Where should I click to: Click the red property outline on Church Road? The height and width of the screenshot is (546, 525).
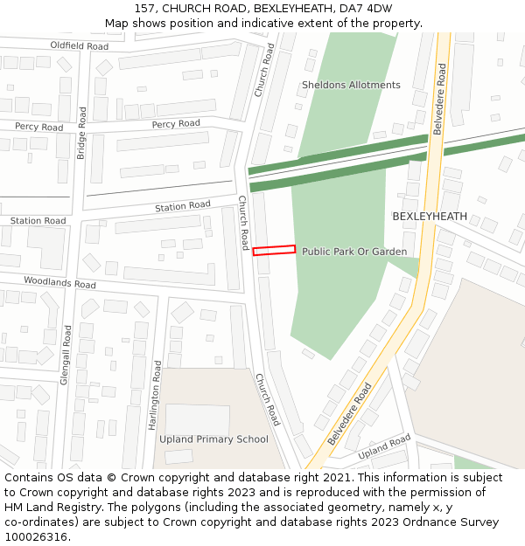pyautogui.click(x=274, y=251)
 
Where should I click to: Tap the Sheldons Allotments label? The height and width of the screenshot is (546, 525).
pyautogui.click(x=351, y=85)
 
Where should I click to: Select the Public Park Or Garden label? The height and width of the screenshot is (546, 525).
pyautogui.click(x=354, y=252)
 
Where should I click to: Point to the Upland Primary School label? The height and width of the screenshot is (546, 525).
pyautogui.click(x=213, y=439)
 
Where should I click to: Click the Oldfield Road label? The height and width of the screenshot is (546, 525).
pyautogui.click(x=79, y=45)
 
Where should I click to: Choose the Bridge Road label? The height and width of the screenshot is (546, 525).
pyautogui.click(x=81, y=133)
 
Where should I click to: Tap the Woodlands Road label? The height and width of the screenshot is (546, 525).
pyautogui.click(x=59, y=283)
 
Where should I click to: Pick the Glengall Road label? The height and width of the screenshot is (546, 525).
pyautogui.click(x=66, y=355)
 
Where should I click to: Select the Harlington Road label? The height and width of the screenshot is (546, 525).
pyautogui.click(x=157, y=395)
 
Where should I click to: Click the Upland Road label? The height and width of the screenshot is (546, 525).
pyautogui.click(x=384, y=447)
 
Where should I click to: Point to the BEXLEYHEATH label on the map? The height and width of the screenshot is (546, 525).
pyautogui.click(x=430, y=216)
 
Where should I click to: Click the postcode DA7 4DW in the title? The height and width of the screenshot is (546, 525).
pyautogui.click(x=367, y=9)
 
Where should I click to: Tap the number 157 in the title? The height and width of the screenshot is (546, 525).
pyautogui.click(x=144, y=9)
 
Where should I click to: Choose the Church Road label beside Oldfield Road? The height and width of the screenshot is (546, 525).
pyautogui.click(x=265, y=69)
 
